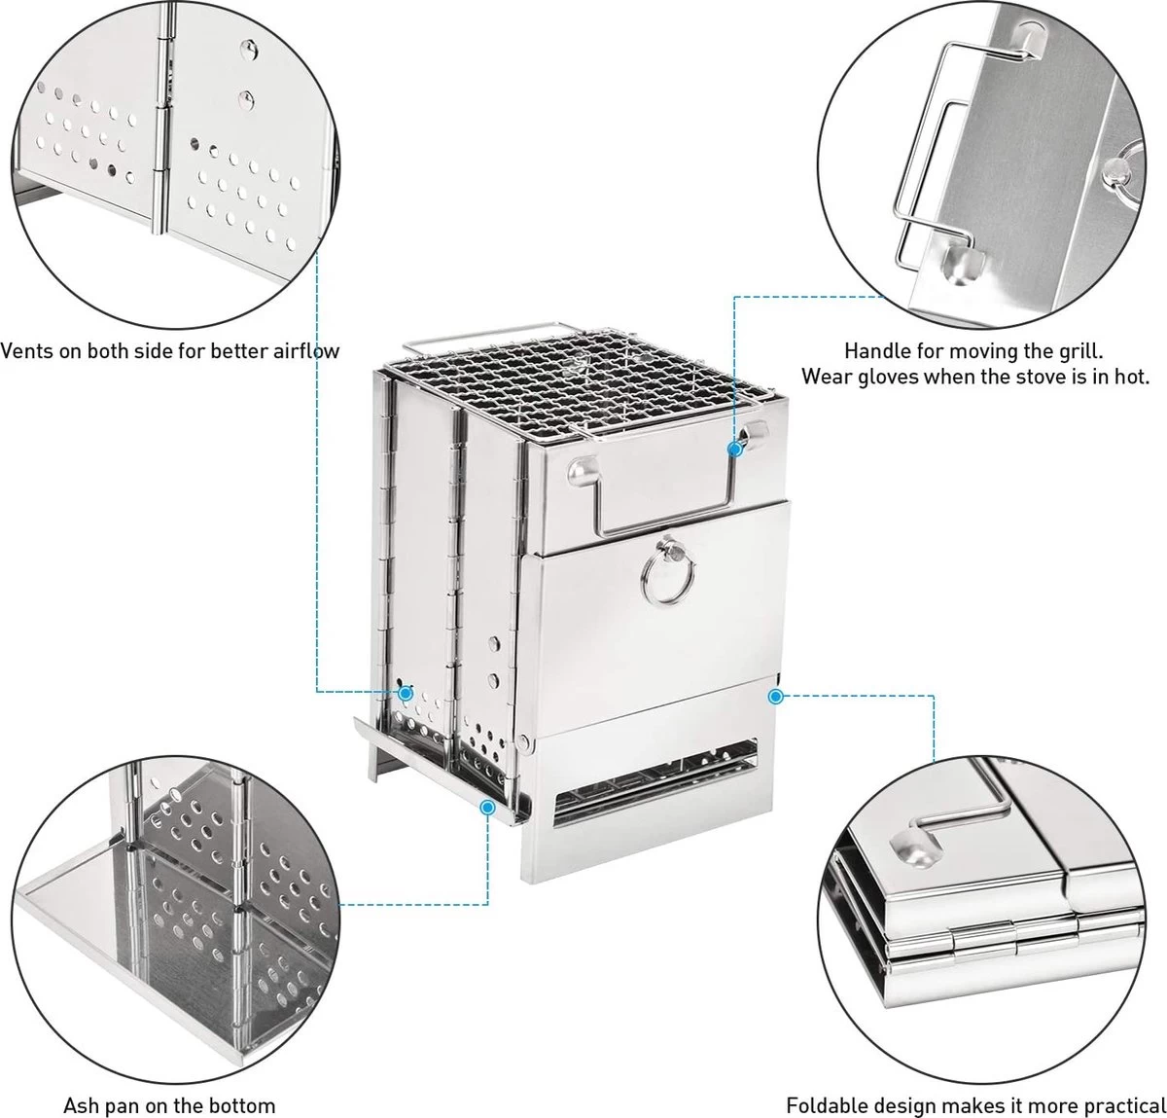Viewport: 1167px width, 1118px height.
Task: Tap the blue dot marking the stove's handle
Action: pos(735,450)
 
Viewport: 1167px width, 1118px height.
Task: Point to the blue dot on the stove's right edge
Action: pos(775,696)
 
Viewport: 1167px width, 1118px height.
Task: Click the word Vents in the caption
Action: pos(26,351)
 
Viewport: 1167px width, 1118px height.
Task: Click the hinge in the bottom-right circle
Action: pos(1002,938)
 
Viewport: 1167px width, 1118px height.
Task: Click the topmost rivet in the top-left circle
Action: pos(247,50)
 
